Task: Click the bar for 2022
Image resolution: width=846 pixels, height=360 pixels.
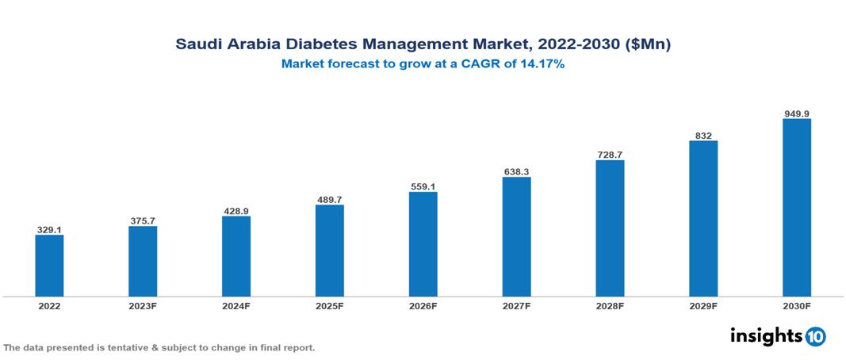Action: point(49,266)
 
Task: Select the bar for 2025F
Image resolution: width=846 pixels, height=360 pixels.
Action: point(329,251)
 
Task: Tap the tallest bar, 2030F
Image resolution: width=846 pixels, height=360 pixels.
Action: point(796,208)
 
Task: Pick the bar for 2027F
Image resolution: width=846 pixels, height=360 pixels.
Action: point(516,237)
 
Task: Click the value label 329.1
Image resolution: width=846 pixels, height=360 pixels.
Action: point(49,230)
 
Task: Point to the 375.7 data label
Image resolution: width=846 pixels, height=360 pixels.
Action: point(143,221)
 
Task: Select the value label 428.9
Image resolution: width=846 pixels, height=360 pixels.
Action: point(235,211)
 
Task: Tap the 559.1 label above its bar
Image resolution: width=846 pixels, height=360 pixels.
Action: point(423,186)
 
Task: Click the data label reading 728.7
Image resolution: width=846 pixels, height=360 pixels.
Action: point(610,155)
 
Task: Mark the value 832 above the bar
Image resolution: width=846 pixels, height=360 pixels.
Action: point(703,136)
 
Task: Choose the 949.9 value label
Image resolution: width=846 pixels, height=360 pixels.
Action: point(796,113)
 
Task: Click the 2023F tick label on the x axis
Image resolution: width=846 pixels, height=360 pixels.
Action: point(143,305)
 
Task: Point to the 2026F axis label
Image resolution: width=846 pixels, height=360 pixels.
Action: point(423,305)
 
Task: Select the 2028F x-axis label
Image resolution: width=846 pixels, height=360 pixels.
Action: point(610,305)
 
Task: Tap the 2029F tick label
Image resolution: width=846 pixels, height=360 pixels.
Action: point(703,305)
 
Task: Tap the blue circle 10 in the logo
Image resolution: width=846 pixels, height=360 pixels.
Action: point(815,337)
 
